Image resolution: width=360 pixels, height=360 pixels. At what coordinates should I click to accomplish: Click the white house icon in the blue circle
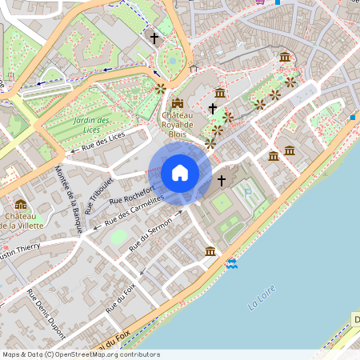pos(180,173)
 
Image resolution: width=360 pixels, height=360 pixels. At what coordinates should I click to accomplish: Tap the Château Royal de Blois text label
pos(177,124)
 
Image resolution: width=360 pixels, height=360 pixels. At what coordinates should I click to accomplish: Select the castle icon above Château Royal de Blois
pos(178,103)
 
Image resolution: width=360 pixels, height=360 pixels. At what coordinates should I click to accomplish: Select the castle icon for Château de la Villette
pos(20,205)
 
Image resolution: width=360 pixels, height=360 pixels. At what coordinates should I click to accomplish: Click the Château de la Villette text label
pos(22,221)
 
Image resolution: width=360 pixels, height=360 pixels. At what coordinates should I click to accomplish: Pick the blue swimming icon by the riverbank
pos(232,263)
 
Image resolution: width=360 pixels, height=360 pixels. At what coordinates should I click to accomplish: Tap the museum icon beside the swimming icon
pos(210,251)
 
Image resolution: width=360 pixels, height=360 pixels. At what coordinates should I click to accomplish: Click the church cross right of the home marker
pos(222,181)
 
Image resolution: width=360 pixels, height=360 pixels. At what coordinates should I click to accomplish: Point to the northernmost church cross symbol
pos(154,38)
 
